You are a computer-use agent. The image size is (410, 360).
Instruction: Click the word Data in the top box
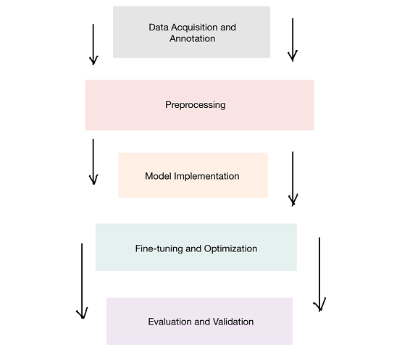pos(159,28)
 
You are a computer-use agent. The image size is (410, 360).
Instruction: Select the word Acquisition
pos(195,28)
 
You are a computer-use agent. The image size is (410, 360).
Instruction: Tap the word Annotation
pos(192,38)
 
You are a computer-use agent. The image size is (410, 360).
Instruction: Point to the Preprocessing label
pos(196,105)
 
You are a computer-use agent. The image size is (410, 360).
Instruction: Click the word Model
pos(158,176)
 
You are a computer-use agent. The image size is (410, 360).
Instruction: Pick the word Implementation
pos(206,177)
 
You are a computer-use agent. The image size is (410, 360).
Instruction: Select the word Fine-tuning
pos(159,248)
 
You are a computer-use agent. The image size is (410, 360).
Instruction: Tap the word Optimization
pos(230,249)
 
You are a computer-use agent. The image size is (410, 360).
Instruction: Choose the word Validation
pos(233,322)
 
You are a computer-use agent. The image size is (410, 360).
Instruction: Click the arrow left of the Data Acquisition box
pos(93,44)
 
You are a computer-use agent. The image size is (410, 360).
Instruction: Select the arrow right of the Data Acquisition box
pos(293,40)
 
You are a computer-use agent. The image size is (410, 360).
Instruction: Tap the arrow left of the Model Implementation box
pos(93,162)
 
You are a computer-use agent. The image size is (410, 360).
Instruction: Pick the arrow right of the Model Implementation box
pos(293,179)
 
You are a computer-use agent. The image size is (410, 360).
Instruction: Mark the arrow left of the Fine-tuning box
pos(82,281)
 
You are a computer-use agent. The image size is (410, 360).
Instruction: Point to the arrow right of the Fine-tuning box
pos(319,275)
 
